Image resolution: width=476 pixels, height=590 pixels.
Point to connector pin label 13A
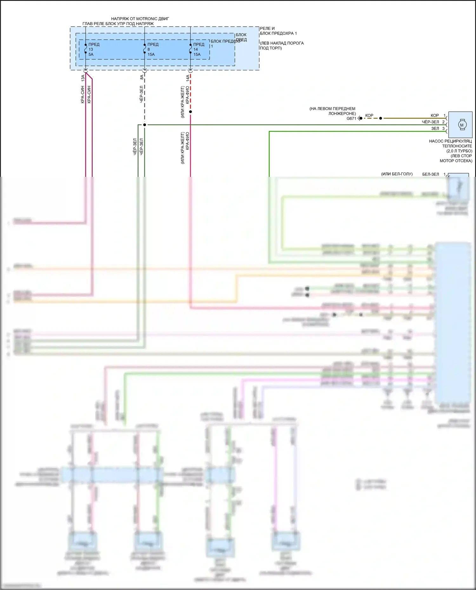point(83,77)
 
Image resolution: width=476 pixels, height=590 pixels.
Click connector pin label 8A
point(142,77)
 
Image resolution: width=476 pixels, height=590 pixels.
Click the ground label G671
point(351,119)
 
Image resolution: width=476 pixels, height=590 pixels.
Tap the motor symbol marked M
point(461,125)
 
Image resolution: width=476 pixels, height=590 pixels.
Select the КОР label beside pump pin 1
point(434,115)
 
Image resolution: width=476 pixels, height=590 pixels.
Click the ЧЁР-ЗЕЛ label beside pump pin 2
point(430,122)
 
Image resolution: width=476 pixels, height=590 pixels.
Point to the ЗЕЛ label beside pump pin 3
point(435,128)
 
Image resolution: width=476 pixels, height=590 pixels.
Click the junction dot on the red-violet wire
point(190,112)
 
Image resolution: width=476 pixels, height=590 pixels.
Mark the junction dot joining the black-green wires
point(144,125)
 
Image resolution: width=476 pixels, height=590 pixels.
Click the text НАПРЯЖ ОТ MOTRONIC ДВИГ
point(140,19)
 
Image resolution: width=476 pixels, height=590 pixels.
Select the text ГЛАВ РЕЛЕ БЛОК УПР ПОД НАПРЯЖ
point(118,24)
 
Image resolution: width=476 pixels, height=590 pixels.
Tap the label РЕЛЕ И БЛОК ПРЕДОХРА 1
point(278,31)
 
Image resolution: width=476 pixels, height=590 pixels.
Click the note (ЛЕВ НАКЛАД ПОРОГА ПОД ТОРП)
point(282,45)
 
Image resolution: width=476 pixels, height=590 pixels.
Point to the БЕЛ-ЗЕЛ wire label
point(430,174)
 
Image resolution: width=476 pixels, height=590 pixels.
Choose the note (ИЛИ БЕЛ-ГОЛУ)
point(397,174)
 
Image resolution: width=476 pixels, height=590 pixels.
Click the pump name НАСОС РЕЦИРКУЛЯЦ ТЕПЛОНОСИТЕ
point(450,143)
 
